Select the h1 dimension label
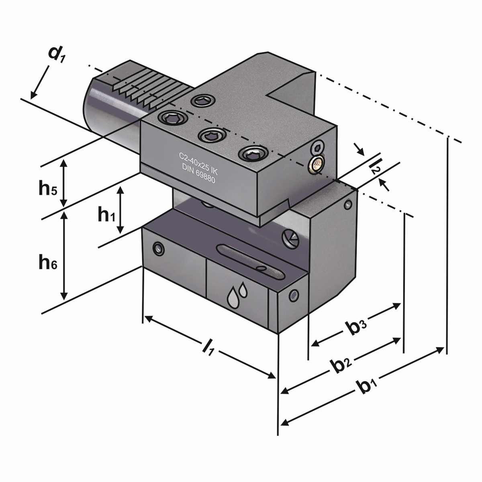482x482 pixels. [x=107, y=215]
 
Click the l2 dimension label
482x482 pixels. [x=374, y=165]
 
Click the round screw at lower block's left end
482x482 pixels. [x=159, y=249]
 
